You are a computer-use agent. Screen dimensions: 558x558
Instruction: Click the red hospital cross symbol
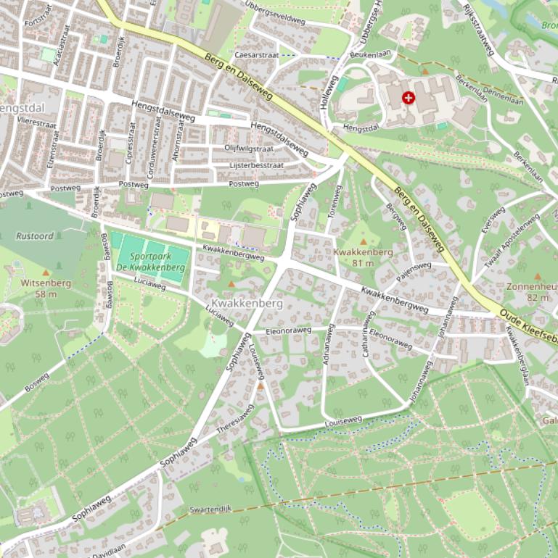[409, 97]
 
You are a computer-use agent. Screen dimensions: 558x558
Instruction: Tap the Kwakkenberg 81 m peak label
[363, 257]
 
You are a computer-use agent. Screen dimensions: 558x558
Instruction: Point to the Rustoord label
[35, 236]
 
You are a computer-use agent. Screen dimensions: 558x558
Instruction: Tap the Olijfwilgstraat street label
[248, 149]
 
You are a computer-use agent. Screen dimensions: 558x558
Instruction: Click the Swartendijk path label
[210, 509]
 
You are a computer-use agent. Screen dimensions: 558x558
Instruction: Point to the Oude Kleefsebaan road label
[527, 316]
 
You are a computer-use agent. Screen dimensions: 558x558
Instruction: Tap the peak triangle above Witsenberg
[46, 272]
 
